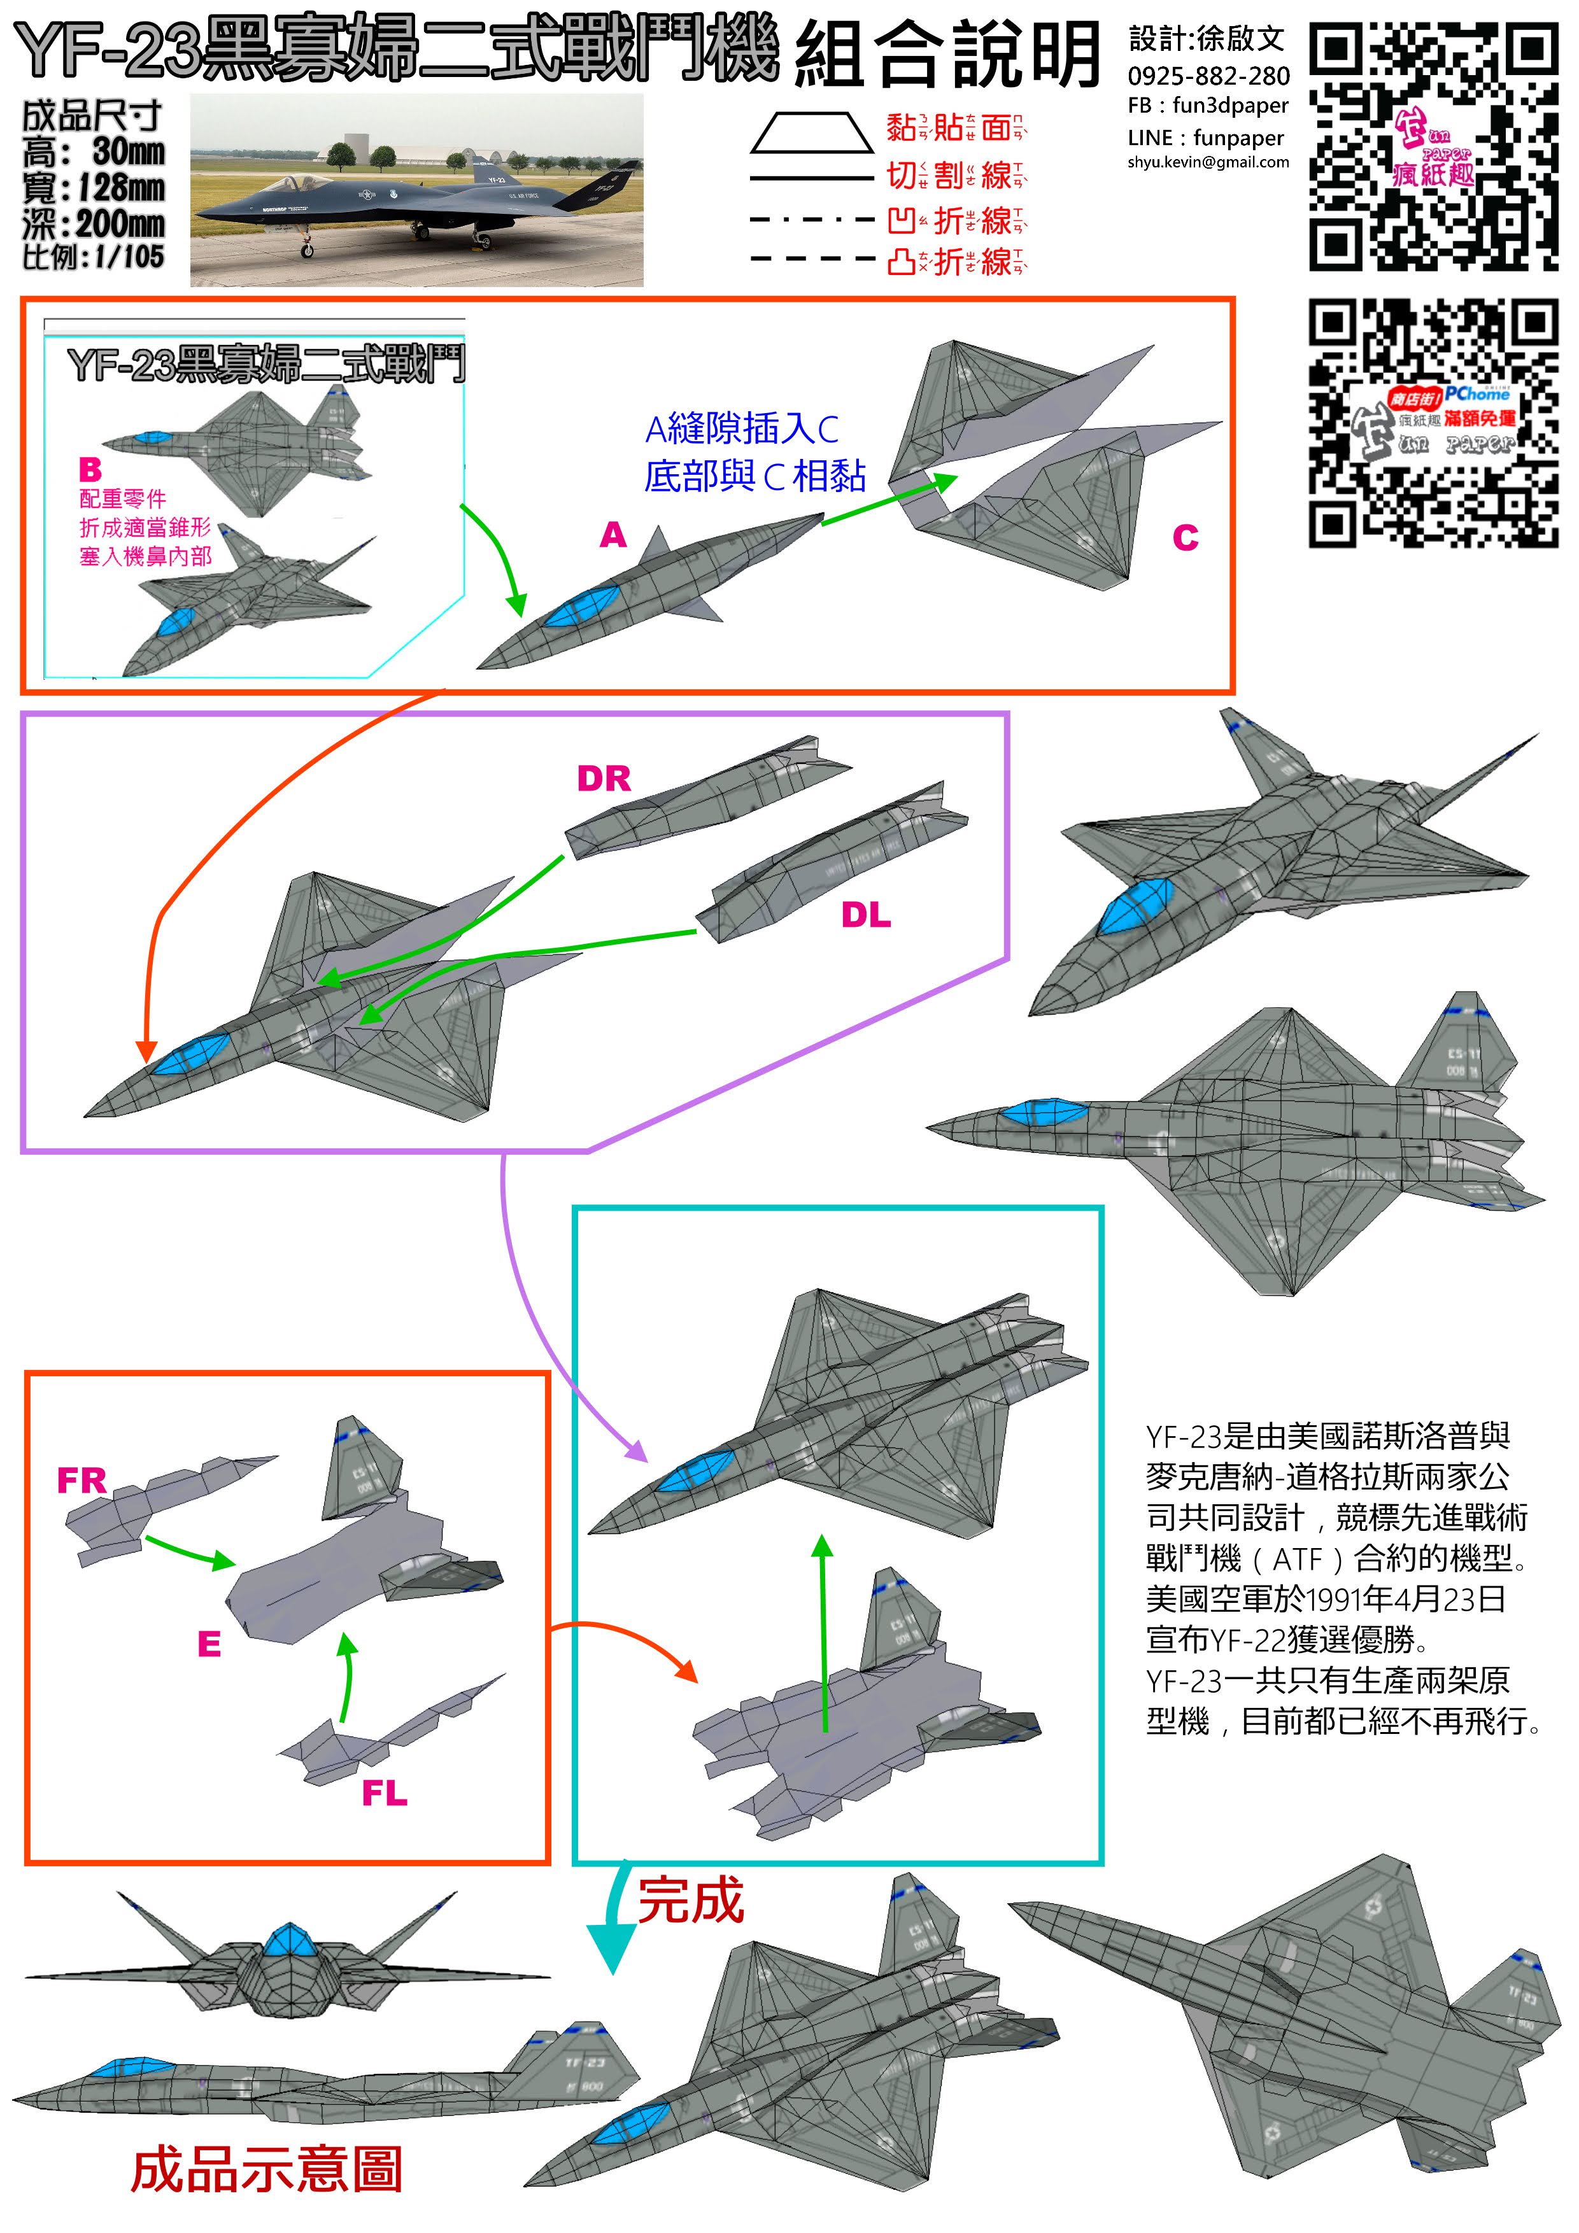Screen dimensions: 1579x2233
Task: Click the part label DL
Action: (865, 915)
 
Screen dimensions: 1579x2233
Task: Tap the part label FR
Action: (81, 1480)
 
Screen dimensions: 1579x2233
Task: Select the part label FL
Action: (385, 1793)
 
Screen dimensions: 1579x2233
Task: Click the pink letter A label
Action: (613, 535)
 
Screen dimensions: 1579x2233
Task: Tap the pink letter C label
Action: (1184, 538)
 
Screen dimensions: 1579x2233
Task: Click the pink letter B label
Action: (90, 470)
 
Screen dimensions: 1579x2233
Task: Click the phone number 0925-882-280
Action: (1208, 76)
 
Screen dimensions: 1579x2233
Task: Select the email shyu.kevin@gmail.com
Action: (1207, 162)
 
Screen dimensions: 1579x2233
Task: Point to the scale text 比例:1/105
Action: (94, 257)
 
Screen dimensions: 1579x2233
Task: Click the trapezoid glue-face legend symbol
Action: (811, 132)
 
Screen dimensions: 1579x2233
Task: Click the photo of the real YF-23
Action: (416, 190)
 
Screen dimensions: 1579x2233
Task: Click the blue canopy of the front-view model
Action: (288, 1941)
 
